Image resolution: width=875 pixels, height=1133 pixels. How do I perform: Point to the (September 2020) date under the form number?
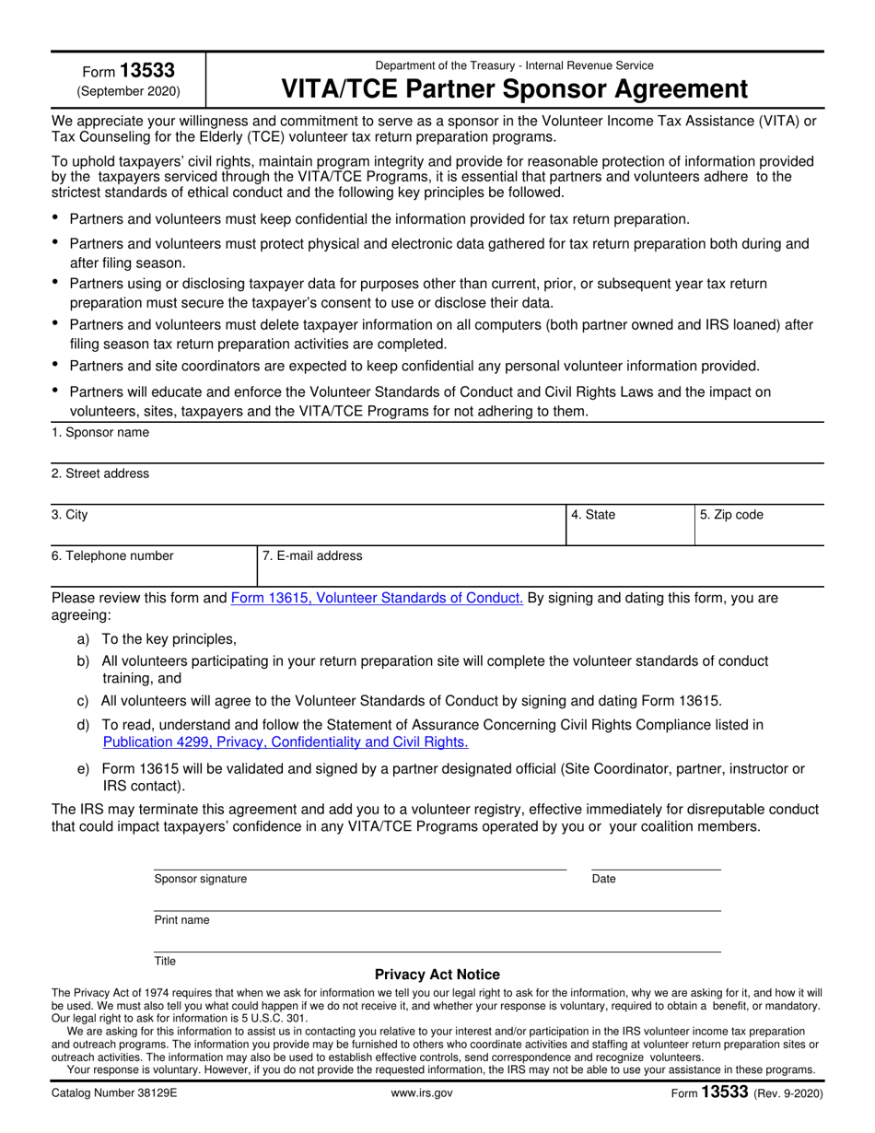pos(129,91)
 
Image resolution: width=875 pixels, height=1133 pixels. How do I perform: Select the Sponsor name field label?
pos(100,433)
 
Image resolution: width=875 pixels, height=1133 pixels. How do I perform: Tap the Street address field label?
pos(100,473)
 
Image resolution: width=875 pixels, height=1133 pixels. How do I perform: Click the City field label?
pos(70,515)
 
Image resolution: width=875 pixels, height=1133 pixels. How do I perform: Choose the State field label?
pos(593,515)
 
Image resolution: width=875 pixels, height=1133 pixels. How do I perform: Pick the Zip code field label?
pos(731,515)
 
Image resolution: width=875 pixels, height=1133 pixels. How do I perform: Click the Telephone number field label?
pos(112,555)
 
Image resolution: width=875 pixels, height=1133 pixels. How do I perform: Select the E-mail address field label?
pos(312,555)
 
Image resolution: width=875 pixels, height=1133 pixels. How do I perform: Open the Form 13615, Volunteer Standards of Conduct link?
pos(377,598)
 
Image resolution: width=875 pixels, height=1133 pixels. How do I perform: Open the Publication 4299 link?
pos(286,742)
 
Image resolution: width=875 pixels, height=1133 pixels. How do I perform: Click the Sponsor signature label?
pos(201,879)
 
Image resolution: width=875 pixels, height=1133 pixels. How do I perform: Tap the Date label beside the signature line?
pos(604,879)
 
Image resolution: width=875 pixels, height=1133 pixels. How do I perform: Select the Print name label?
pos(181,920)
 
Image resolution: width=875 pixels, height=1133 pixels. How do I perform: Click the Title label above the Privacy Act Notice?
pos(165,961)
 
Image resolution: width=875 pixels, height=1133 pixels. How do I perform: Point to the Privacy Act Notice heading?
pos(437,975)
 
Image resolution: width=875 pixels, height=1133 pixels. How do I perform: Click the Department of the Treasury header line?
pos(514,65)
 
